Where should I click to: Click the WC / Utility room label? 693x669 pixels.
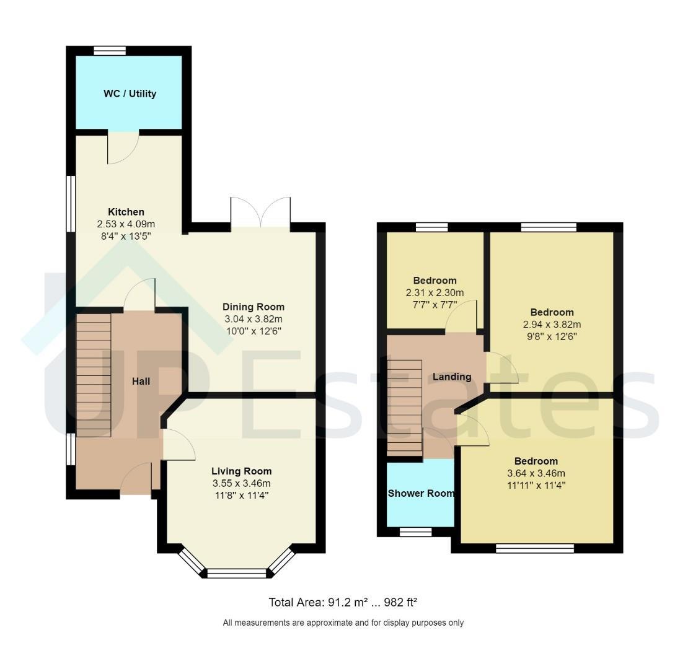(130, 94)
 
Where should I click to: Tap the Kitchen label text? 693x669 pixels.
(126, 212)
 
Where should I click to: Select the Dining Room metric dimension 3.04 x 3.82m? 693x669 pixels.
(254, 319)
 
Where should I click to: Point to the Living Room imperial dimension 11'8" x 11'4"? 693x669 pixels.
(242, 495)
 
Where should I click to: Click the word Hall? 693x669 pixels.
(141, 381)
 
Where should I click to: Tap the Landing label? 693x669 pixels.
(452, 377)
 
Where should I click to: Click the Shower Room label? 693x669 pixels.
(421, 493)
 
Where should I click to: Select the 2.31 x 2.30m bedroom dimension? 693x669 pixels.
(435, 292)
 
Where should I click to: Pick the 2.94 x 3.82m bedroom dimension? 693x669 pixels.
(552, 324)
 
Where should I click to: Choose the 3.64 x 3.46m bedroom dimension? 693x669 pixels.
(536, 473)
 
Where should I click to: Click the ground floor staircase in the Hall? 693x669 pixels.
(93, 375)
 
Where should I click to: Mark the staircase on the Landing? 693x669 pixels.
(404, 408)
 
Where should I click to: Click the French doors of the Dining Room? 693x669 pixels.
(260, 212)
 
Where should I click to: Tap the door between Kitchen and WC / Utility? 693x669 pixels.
(123, 148)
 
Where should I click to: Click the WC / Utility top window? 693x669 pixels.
(110, 51)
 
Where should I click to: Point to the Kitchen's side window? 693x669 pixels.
(71, 204)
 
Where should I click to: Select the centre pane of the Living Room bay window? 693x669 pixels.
(237, 573)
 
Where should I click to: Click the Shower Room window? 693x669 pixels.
(415, 531)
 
